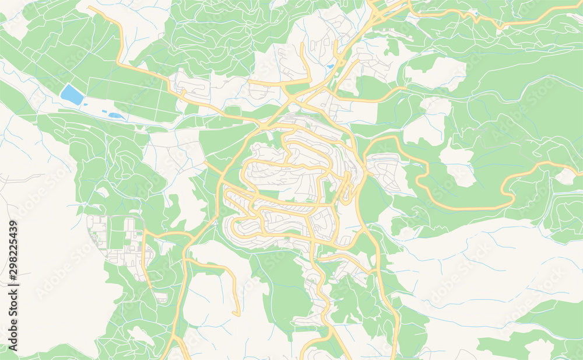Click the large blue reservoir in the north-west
[x=72, y=95]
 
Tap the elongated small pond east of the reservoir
[x=115, y=116]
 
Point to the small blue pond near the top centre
[x=331, y=67]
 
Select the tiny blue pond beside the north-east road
[x=476, y=12]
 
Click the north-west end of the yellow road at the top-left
[x=90, y=8]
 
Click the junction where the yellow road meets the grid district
[x=144, y=233]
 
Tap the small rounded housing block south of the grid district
[x=161, y=298]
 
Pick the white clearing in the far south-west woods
[x=141, y=335]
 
